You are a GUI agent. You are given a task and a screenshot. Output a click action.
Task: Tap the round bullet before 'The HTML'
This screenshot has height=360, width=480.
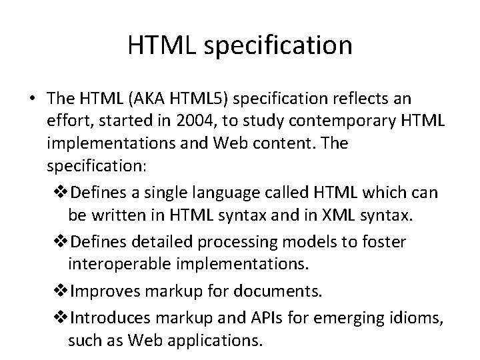pyautogui.click(x=32, y=99)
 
